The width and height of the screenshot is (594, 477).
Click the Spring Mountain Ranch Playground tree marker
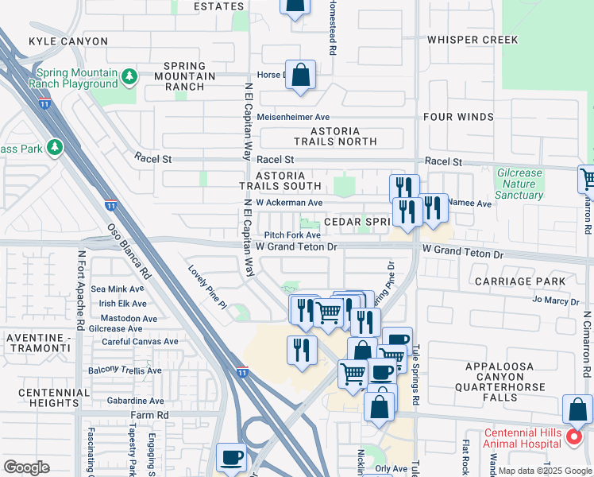(x=129, y=77)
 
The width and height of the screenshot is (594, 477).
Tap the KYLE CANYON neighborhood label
(x=67, y=41)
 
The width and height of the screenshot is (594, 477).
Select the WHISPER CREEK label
(x=472, y=40)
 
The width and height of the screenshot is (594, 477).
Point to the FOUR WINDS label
(x=458, y=117)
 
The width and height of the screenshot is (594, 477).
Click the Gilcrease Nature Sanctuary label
(x=519, y=184)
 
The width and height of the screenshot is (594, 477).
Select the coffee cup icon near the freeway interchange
(x=232, y=458)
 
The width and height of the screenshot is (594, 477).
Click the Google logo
(x=26, y=467)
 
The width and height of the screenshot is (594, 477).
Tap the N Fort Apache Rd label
(x=80, y=291)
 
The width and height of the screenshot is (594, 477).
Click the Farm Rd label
(x=151, y=416)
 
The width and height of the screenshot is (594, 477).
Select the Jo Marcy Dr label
(x=556, y=301)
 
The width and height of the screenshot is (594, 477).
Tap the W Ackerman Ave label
(x=289, y=203)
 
